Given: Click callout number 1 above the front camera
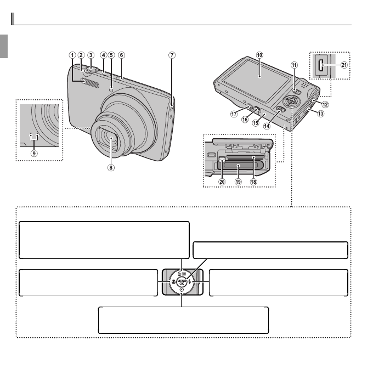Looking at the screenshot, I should click(72, 55).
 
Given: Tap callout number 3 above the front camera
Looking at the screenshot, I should click(91, 55).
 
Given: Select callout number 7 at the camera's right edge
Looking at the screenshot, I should click(172, 55).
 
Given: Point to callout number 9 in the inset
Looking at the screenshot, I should click(34, 154).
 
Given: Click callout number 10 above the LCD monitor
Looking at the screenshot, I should click(259, 55).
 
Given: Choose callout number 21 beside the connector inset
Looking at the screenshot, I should click(344, 64).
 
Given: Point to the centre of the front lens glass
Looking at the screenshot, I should click(112, 141).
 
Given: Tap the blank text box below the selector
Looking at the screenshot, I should click(183, 320).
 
